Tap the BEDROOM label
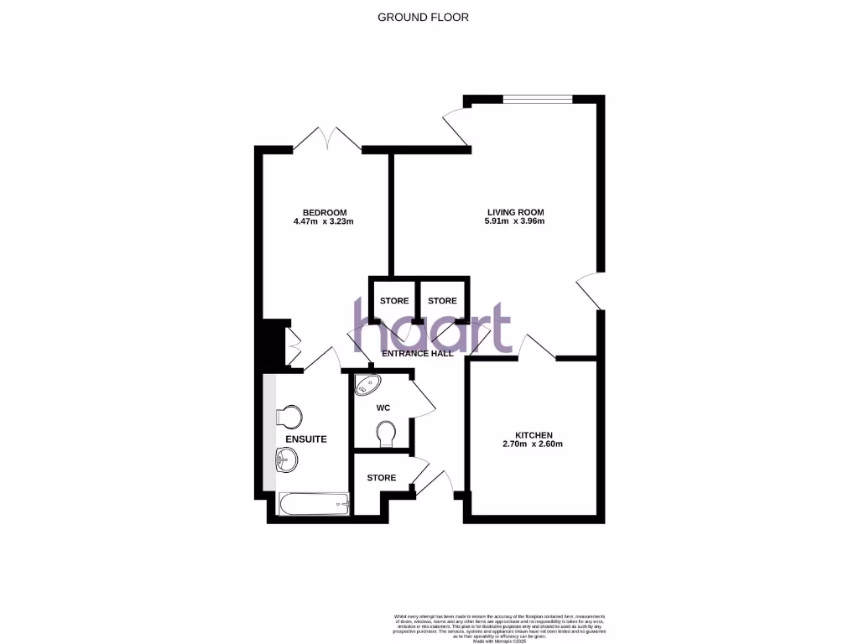325,212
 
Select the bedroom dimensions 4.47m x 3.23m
325,222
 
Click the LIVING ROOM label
516,212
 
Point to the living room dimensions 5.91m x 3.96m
515,222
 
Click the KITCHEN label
534,434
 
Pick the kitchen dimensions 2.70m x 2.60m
534,444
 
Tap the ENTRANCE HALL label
417,354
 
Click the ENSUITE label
305,439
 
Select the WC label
383,408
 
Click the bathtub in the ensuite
313,504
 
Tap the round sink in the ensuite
287,459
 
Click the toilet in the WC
386,434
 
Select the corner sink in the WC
367,385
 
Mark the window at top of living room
537,99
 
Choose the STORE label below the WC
382,478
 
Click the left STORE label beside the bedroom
394,301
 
